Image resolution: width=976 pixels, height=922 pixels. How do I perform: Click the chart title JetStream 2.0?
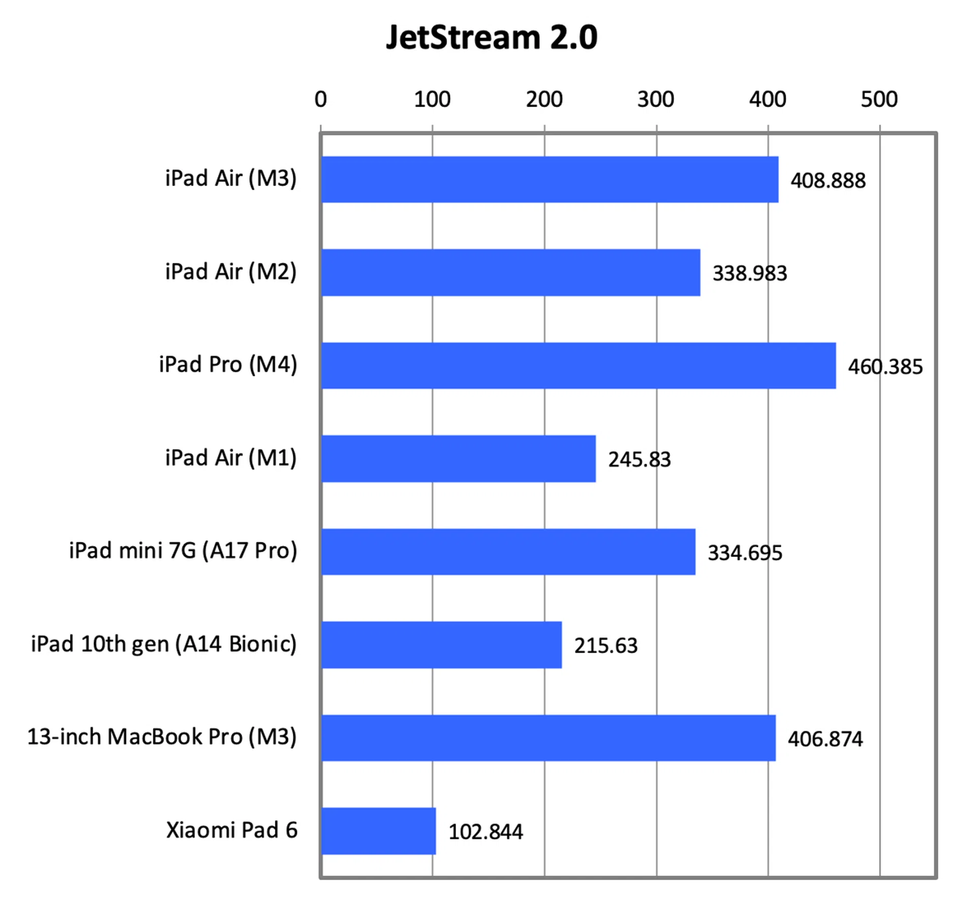click(492, 38)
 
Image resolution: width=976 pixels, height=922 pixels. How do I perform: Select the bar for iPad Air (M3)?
click(550, 180)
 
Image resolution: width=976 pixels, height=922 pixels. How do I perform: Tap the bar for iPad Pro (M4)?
click(578, 366)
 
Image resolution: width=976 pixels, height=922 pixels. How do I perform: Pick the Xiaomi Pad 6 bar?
click(378, 831)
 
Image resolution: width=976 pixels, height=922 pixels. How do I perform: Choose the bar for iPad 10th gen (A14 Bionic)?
click(441, 645)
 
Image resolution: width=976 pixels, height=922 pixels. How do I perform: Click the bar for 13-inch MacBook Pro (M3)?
click(548, 738)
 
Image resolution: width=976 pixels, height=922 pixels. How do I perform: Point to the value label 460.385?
click(885, 367)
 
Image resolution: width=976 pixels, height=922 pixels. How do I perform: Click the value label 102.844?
click(485, 832)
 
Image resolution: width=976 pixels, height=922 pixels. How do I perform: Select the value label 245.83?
click(639, 460)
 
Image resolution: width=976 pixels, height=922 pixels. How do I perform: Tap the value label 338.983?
click(750, 274)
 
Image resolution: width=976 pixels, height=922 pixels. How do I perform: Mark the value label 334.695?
click(745, 553)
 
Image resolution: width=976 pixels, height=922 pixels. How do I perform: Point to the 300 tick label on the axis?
click(656, 99)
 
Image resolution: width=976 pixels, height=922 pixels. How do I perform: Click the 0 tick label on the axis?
click(321, 99)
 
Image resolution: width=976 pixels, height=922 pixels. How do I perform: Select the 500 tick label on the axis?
click(879, 99)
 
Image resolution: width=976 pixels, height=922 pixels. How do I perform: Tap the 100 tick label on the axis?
click(432, 99)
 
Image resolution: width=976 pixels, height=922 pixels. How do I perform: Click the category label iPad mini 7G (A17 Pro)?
click(183, 551)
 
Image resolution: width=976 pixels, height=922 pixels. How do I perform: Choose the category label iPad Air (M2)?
click(231, 272)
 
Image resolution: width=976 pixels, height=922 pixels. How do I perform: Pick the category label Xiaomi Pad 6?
click(232, 830)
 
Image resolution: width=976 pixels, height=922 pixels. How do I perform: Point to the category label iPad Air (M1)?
click(231, 458)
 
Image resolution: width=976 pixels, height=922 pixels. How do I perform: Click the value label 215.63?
click(606, 646)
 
